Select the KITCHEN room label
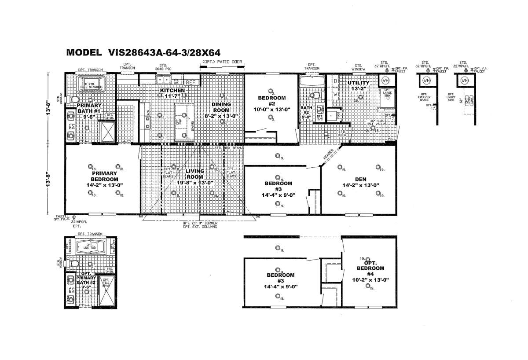[x=172, y=91]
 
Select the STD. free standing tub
[x=91, y=84]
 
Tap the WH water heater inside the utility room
[x=386, y=81]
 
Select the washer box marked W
[x=335, y=94]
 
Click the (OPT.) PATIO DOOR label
[x=222, y=62]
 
